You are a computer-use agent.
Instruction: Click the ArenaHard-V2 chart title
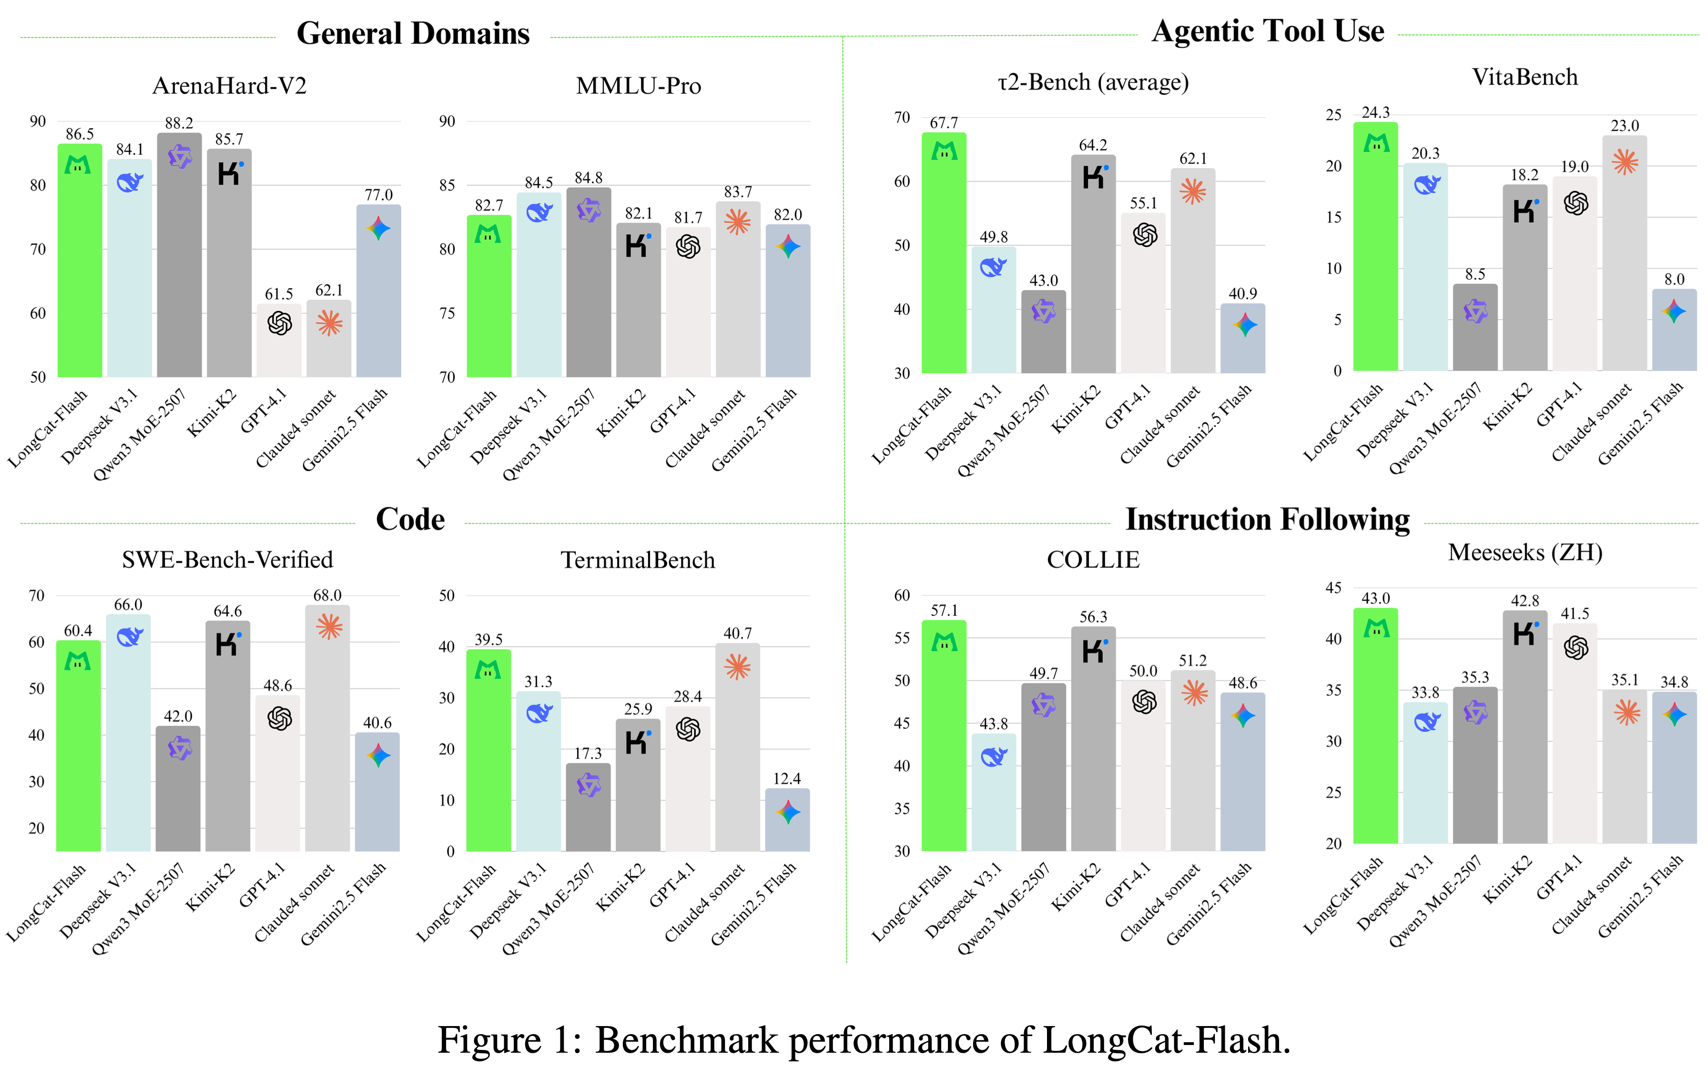pyautogui.click(x=229, y=86)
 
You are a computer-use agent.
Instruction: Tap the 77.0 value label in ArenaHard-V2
pyautogui.click(x=378, y=195)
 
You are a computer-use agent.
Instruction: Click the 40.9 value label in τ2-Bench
pyautogui.click(x=1242, y=293)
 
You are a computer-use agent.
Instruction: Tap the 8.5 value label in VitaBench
pyautogui.click(x=1474, y=274)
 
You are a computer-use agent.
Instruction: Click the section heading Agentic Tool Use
pyautogui.click(x=1268, y=32)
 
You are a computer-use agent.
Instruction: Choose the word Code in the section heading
pyautogui.click(x=410, y=519)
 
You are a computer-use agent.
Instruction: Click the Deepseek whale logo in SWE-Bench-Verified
pyautogui.click(x=129, y=637)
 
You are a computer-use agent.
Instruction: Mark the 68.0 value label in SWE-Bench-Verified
pyautogui.click(x=327, y=595)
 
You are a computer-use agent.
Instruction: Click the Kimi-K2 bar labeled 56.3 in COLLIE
pyautogui.click(x=1093, y=741)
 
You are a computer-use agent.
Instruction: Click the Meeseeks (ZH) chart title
pyautogui.click(x=1525, y=553)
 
